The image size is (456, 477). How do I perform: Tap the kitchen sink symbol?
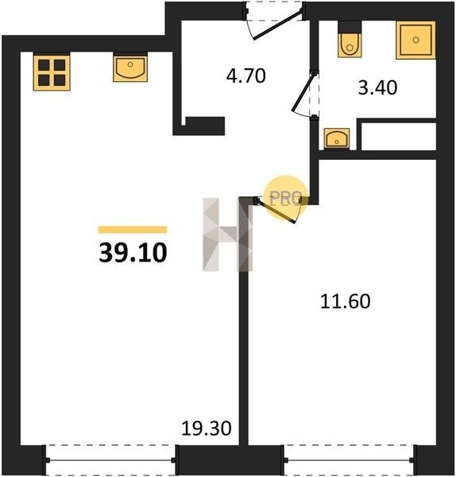[x=130, y=68]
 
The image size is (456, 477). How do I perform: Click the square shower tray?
[x=415, y=40]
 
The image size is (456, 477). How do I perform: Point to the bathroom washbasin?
[x=337, y=138]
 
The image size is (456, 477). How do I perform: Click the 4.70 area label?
[x=246, y=76]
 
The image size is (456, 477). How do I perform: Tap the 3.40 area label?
[x=377, y=87]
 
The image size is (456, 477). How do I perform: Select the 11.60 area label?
[x=346, y=301]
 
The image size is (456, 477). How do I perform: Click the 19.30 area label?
[x=207, y=428]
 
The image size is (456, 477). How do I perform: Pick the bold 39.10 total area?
[x=133, y=253]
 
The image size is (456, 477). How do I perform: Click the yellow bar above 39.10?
[x=133, y=230]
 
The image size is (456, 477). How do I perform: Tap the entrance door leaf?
[x=277, y=25]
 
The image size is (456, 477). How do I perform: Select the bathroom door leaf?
[x=303, y=93]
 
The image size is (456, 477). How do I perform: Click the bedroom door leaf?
[x=276, y=211]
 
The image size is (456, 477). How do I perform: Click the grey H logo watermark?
[x=228, y=235]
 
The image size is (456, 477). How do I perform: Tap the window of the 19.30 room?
[x=110, y=460]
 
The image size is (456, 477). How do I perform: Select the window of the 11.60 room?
[x=350, y=460]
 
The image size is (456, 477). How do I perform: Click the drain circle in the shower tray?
[x=415, y=40]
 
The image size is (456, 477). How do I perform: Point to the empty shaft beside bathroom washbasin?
[x=399, y=136]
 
